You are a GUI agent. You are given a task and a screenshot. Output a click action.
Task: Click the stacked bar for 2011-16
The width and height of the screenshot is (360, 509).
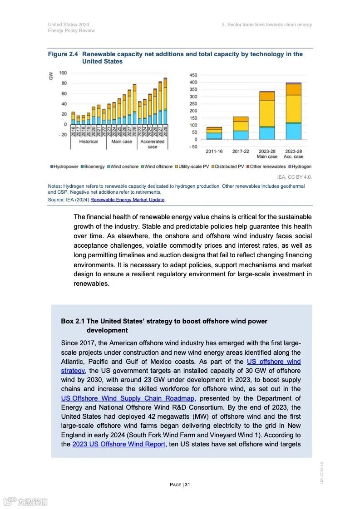click(214, 133)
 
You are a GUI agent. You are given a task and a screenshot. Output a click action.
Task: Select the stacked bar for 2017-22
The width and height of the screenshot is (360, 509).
click(241, 128)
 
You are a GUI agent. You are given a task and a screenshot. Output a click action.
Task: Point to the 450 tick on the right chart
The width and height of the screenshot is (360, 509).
click(193, 75)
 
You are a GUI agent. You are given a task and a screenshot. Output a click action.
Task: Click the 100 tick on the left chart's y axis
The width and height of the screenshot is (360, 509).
click(63, 73)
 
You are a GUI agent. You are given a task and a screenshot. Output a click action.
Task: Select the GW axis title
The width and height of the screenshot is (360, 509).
click(51, 76)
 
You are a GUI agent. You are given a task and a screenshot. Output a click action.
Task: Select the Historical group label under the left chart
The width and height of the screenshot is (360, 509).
click(89, 142)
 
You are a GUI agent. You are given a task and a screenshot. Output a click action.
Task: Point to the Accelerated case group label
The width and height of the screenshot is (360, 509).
click(153, 144)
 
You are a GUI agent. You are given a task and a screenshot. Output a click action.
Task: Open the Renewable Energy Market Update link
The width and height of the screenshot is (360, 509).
click(128, 200)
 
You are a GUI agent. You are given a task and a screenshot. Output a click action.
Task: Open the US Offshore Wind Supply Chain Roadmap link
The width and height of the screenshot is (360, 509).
click(128, 398)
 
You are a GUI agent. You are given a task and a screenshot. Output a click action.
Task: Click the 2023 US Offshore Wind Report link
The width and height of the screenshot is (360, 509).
click(118, 444)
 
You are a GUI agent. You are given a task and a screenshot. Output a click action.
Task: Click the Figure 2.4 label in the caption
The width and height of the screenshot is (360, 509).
click(63, 54)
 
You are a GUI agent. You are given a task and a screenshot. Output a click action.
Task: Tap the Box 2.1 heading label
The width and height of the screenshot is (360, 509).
click(73, 321)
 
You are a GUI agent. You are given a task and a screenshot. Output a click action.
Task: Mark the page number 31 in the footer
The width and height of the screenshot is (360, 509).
click(187, 485)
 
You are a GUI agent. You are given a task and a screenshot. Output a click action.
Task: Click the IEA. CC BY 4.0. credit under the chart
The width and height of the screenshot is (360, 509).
click(294, 177)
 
